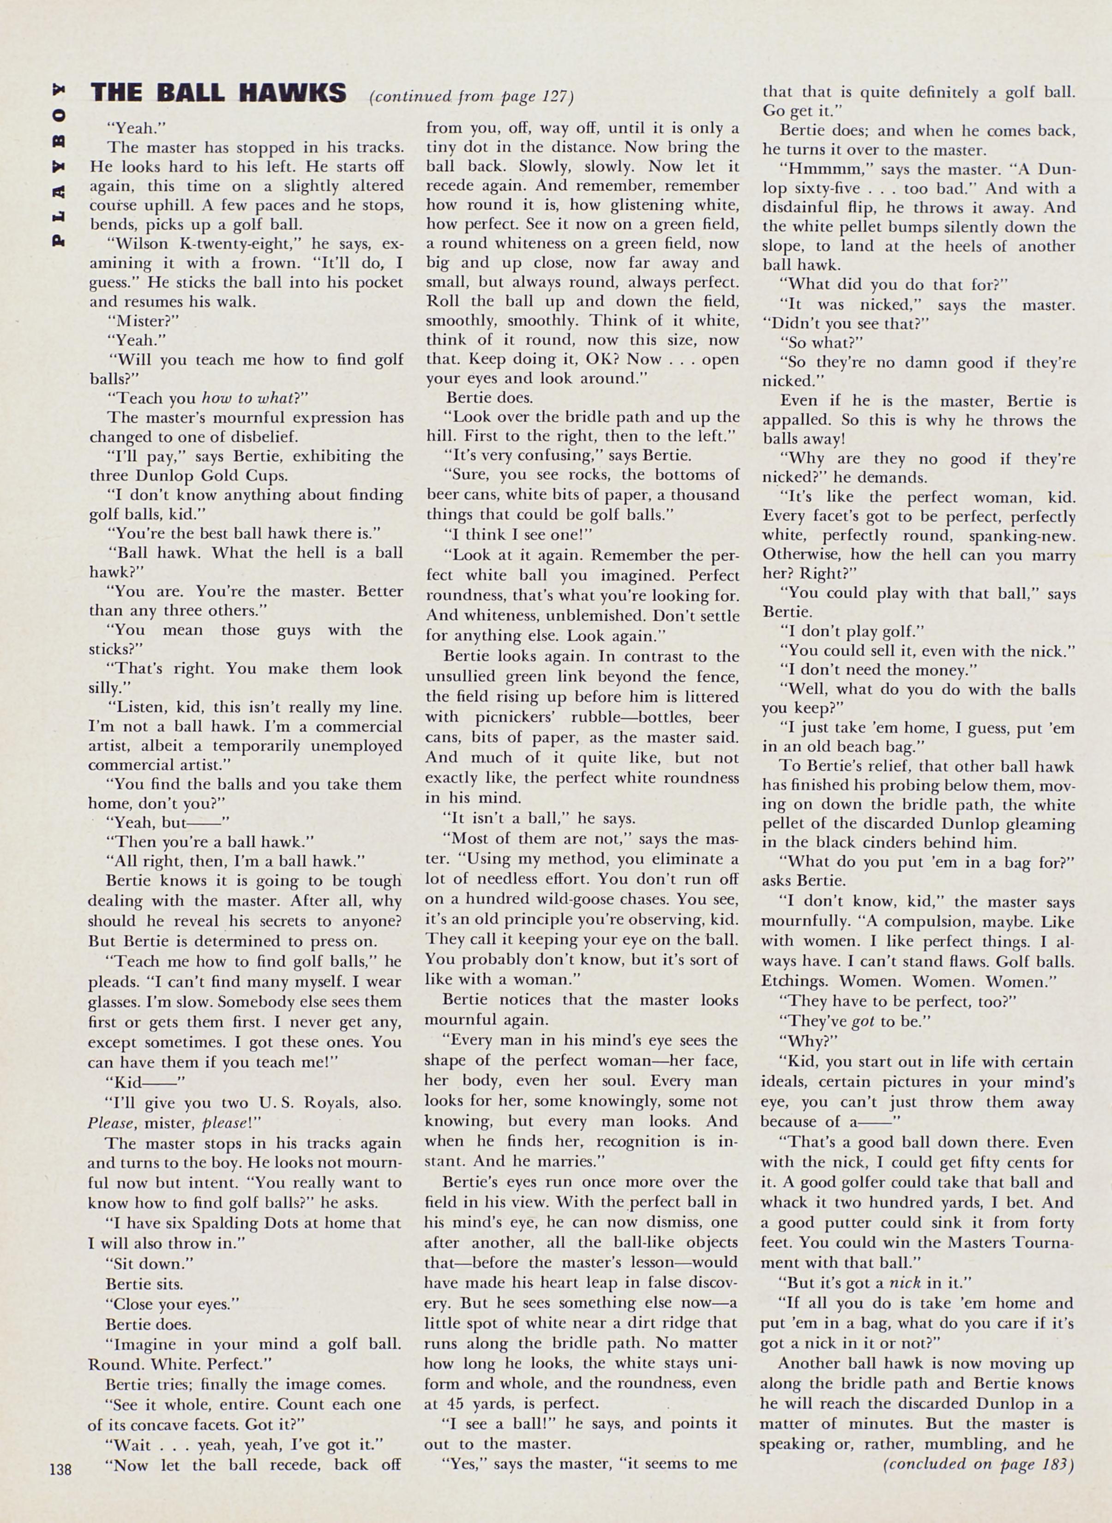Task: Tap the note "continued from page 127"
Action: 472,97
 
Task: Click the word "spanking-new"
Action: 1022,536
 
